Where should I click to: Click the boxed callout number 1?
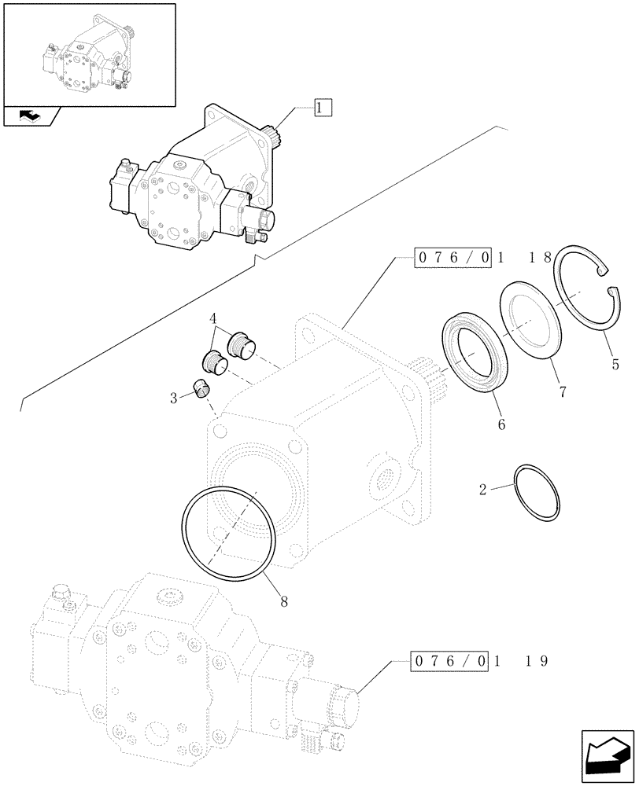click(323, 108)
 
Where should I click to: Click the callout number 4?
click(212, 319)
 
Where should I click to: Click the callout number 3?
click(172, 399)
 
